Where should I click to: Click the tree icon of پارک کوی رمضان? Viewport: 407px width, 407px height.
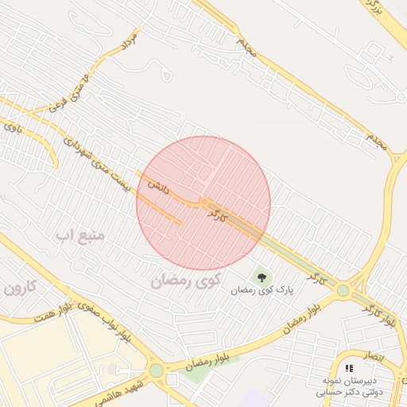(262, 277)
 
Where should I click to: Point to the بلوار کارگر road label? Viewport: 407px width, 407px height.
(379, 314)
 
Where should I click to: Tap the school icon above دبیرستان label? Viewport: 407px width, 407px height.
(349, 369)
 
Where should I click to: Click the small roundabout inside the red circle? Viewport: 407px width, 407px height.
(204, 202)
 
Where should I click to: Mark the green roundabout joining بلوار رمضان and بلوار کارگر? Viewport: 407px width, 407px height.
(343, 291)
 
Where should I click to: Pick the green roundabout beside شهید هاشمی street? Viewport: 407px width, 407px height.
(156, 370)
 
